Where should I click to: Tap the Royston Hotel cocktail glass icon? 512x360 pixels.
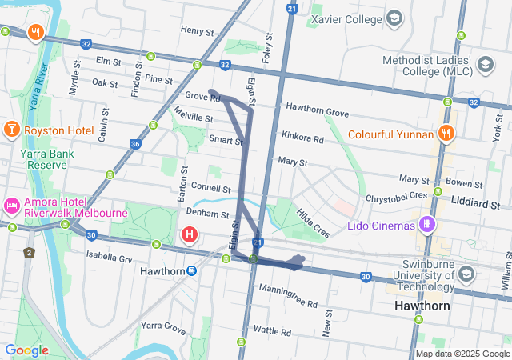13,130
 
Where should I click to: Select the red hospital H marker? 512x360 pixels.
190,235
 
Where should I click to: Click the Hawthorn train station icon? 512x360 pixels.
192,270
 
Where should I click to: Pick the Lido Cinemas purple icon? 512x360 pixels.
428,225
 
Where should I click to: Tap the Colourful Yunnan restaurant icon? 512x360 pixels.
446,134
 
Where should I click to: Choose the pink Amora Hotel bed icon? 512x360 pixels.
13,206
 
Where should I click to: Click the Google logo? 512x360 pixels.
27,350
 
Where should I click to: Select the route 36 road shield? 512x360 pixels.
135,144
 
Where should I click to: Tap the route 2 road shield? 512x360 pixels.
30,254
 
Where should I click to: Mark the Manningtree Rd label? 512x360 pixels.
288,305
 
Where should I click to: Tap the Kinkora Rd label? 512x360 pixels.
302,138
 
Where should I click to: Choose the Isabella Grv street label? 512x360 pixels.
109,258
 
